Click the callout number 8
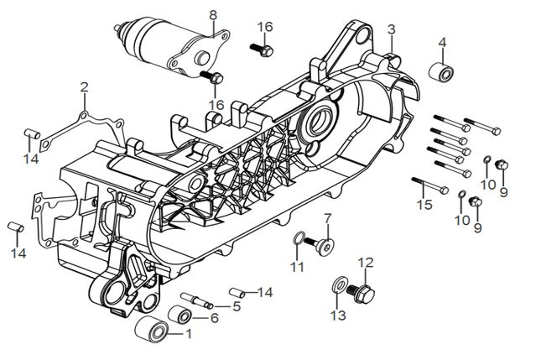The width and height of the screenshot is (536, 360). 213,15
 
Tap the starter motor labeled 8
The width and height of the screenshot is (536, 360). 173,47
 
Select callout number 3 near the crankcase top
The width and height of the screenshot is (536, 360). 392,29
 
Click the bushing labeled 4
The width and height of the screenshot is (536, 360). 441,72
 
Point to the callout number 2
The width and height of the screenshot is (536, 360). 85,87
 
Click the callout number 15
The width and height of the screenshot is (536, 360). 424,205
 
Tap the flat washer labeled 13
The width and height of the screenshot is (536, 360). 340,284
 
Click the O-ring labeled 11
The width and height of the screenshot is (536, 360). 299,238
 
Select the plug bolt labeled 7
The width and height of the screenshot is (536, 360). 320,245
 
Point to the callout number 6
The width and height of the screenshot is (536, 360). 215,318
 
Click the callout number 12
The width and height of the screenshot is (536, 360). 366,263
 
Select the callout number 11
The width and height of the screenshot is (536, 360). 298,267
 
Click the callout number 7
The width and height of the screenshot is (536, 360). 327,218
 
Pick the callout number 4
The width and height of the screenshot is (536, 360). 442,43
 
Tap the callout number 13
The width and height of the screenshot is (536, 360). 338,316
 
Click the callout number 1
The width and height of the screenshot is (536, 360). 189,333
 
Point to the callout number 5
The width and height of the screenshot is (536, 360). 237,306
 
